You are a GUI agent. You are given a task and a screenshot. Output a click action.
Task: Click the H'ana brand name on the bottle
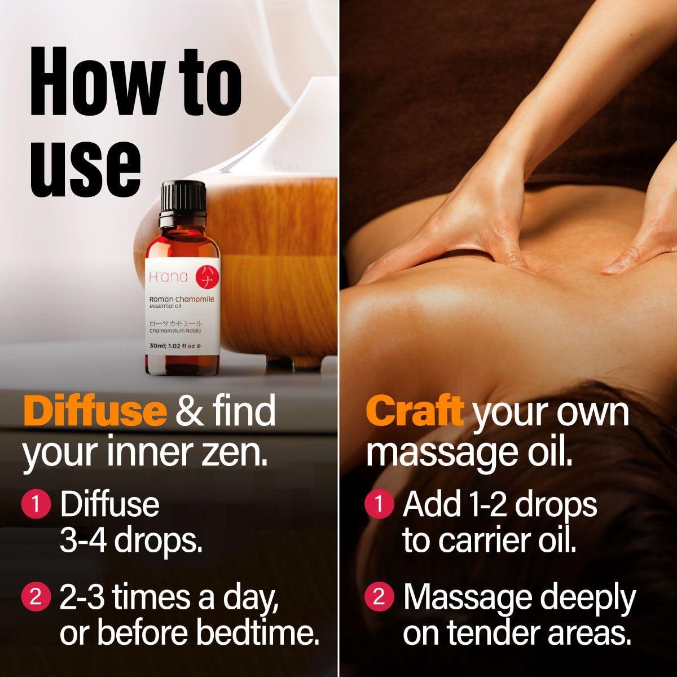click(x=168, y=277)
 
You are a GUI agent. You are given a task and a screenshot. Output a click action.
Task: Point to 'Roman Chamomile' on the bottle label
click(x=182, y=300)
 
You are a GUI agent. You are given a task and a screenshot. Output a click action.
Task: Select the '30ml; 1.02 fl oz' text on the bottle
click(x=172, y=346)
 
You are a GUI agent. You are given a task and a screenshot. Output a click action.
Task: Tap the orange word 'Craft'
click(x=415, y=411)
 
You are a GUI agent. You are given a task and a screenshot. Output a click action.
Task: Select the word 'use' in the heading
click(x=85, y=165)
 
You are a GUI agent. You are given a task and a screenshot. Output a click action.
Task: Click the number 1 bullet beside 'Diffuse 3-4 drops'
click(x=36, y=505)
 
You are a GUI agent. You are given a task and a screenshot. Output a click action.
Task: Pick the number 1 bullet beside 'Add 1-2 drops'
click(x=379, y=505)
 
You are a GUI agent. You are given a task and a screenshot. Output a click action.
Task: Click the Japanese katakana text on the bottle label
click(x=175, y=324)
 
